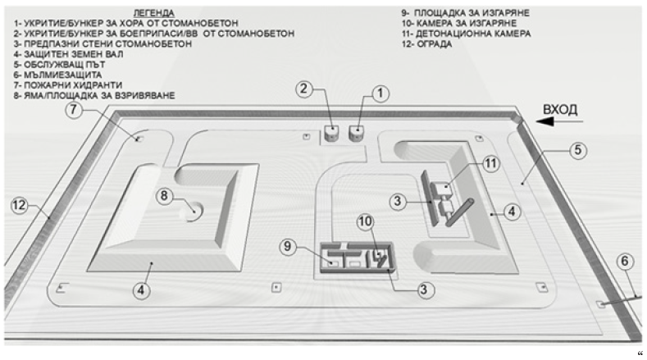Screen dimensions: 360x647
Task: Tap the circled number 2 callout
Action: pyautogui.click(x=304, y=88)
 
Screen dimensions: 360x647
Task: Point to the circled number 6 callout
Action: pyautogui.click(x=626, y=262)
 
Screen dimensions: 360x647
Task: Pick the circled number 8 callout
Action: pyautogui.click(x=165, y=195)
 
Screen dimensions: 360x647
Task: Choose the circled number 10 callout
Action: pyautogui.click(x=366, y=221)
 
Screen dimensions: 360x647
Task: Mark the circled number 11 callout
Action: pyautogui.click(x=490, y=163)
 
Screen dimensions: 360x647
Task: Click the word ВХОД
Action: pyautogui.click(x=560, y=109)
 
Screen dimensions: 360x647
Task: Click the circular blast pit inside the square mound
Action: pyautogui.click(x=191, y=212)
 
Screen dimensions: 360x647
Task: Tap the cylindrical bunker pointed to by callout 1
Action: pyautogui.click(x=357, y=132)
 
